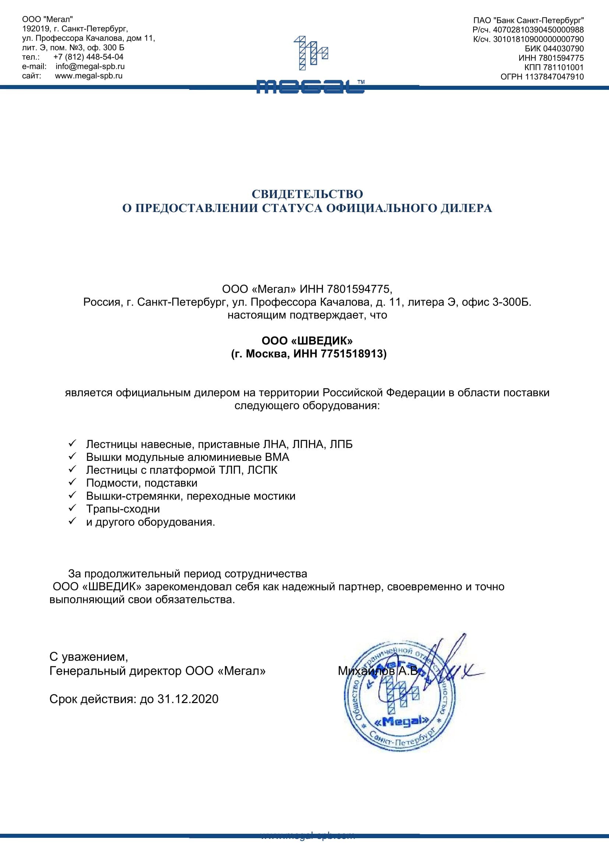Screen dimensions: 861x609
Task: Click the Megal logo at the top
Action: [310, 64]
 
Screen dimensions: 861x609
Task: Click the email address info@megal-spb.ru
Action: [90, 66]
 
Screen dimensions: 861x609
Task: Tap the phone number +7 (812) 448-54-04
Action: [88, 57]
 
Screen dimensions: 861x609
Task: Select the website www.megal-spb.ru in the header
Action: [89, 76]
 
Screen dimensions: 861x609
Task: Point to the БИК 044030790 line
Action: [554, 48]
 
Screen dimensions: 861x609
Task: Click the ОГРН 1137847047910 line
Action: [542, 77]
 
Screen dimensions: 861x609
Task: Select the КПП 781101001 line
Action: [554, 67]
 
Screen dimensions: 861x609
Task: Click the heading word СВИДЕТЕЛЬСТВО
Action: [307, 194]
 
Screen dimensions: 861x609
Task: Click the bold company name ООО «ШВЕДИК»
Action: [307, 340]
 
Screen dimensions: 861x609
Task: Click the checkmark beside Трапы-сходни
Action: [73, 508]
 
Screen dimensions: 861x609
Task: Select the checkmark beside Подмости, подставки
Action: [73, 482]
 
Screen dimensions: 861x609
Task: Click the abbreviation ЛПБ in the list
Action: [341, 444]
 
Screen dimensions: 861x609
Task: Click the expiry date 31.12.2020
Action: [188, 699]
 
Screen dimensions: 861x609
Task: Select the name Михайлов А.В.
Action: [379, 671]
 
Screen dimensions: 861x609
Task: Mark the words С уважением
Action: [88, 657]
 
